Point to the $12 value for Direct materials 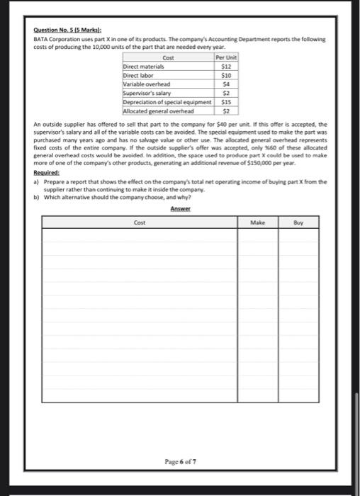(x=227, y=65)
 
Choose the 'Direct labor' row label (x=138, y=74)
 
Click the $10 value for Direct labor (x=227, y=74)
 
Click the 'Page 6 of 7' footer (x=180, y=461)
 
